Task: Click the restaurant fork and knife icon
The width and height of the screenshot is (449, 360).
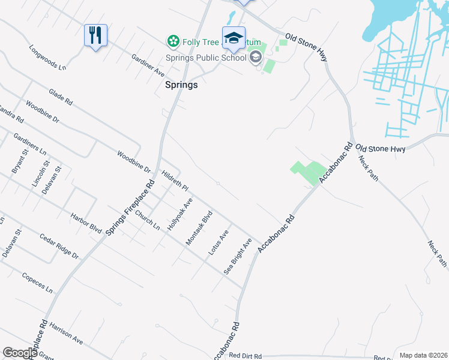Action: point(95,35)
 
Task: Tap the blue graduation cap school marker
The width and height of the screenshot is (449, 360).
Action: point(234,38)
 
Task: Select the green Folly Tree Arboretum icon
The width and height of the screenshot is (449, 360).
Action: point(173,41)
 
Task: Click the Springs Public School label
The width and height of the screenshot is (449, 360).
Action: point(206,58)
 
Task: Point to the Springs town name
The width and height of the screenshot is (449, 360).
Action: point(181,85)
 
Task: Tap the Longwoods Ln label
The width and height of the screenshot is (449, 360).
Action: point(46,56)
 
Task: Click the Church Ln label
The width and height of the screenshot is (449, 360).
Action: point(147,220)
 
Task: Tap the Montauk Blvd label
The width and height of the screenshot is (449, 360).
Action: point(199,227)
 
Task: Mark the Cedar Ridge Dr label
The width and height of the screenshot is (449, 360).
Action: point(59,246)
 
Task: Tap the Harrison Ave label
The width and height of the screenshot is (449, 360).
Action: point(66,332)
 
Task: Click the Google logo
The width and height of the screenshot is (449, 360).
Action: point(20,353)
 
